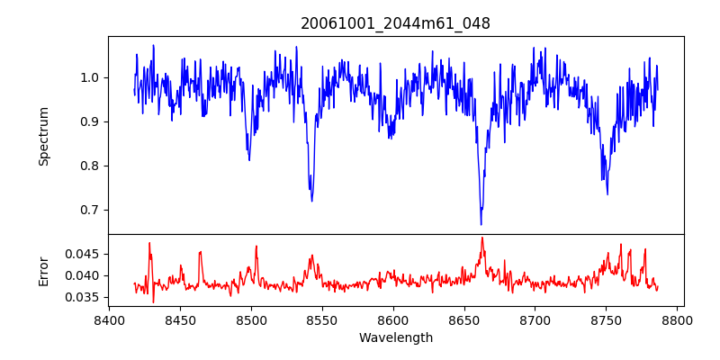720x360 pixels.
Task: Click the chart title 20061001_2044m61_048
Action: pos(395,24)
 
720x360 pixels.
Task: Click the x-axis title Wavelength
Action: pos(395,338)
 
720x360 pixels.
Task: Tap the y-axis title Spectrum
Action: pos(44,136)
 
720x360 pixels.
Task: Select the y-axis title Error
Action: pos(44,270)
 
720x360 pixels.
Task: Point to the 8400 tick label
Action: pos(109,319)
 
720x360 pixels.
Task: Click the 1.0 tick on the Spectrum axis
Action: pos(90,77)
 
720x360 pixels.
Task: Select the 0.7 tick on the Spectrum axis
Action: pos(90,210)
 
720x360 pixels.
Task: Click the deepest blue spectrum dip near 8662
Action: pos(481,224)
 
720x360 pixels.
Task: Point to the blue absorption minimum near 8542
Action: pos(311,200)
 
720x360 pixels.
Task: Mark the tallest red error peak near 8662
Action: pos(482,238)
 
